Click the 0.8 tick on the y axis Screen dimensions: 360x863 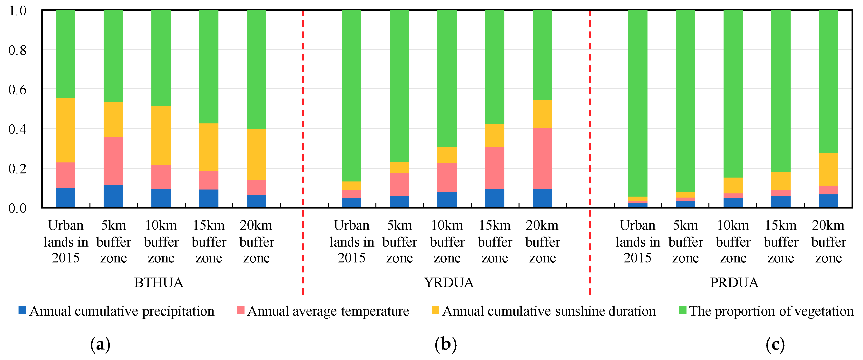tap(17, 50)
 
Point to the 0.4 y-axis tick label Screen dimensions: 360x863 tap(17, 129)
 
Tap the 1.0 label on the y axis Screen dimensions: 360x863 tap(17, 11)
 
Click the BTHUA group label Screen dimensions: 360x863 tap(158, 283)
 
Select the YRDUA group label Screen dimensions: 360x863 tap(449, 283)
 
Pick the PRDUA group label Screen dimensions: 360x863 tap(734, 283)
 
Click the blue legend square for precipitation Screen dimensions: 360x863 tap(22, 310)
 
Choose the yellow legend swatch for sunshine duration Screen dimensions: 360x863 tap(435, 310)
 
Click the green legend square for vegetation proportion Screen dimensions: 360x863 tap(682, 310)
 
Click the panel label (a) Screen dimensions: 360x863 tap(100, 345)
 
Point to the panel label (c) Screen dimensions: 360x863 tap(775, 345)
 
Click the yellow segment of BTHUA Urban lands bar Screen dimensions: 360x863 tap(65, 130)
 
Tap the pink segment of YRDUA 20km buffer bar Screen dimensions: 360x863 tap(542, 158)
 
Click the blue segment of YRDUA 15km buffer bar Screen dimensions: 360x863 tap(494, 198)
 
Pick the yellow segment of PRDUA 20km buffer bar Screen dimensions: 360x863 tap(828, 169)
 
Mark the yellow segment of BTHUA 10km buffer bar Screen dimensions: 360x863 tap(161, 135)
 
